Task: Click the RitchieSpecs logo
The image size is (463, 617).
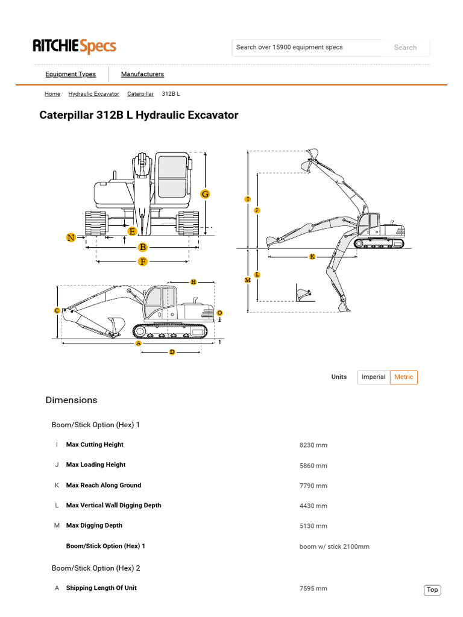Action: click(x=74, y=46)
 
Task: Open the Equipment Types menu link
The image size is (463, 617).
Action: click(x=71, y=74)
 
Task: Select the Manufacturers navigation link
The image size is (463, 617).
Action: click(x=142, y=74)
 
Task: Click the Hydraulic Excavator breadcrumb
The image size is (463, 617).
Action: click(x=93, y=94)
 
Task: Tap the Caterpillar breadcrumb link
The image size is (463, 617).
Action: click(x=140, y=94)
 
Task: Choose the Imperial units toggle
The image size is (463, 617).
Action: click(x=373, y=377)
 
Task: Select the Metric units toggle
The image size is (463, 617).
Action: click(x=404, y=377)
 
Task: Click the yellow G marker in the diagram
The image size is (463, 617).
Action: click(x=205, y=194)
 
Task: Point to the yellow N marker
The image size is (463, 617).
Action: click(x=71, y=237)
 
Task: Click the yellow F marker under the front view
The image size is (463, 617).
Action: click(x=143, y=262)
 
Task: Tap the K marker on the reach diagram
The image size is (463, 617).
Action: click(x=312, y=257)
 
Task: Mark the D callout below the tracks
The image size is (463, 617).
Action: click(x=172, y=352)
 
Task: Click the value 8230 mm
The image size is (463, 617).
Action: click(x=313, y=445)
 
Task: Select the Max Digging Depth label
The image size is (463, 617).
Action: click(x=94, y=525)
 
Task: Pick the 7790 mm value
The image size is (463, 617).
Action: click(x=313, y=486)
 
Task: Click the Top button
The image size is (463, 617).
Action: click(x=432, y=590)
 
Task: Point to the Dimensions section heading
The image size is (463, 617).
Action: click(x=71, y=400)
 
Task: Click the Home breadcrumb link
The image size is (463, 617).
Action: click(x=52, y=94)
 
